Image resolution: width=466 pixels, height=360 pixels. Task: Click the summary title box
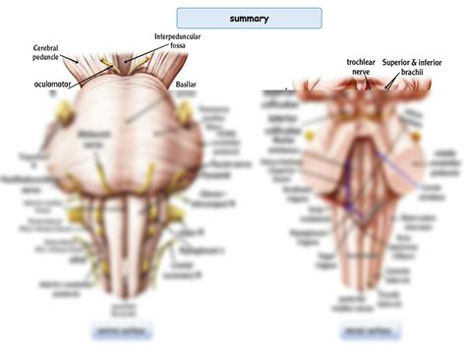249,18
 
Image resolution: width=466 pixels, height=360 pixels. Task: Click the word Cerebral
51,47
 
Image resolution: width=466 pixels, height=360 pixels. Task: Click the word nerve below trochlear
361,71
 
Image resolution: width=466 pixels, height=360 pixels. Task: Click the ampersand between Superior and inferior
426,61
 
